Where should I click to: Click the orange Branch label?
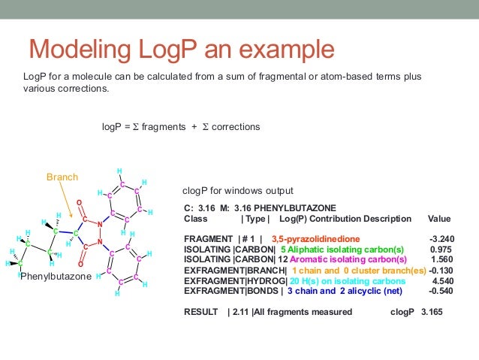point(62,177)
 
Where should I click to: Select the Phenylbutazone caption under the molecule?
point(56,277)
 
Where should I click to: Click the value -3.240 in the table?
point(441,240)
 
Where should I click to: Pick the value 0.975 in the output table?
point(441,249)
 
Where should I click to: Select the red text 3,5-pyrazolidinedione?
point(316,240)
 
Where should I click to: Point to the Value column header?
point(439,219)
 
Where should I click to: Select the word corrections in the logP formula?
point(236,127)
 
